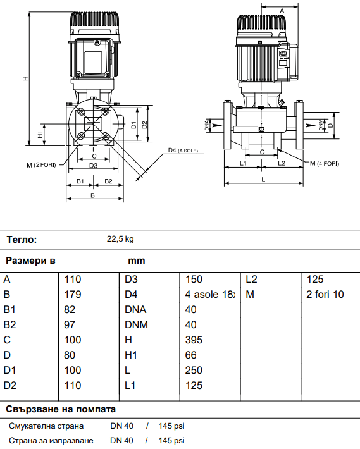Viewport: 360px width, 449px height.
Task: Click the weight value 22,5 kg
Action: click(x=120, y=239)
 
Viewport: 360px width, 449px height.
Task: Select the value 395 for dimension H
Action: click(x=194, y=340)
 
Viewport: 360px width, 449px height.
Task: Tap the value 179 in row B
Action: click(x=73, y=294)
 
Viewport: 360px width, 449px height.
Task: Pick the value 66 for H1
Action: click(x=190, y=355)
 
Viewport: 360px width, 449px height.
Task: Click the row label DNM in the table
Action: click(x=136, y=324)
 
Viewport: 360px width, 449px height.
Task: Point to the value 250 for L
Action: click(x=194, y=370)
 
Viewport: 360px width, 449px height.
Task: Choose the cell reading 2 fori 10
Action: click(x=325, y=294)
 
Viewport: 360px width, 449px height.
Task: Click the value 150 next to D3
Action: click(x=194, y=279)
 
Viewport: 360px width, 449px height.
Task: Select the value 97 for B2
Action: click(x=70, y=324)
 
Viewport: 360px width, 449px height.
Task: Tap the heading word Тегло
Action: click(x=22, y=240)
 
